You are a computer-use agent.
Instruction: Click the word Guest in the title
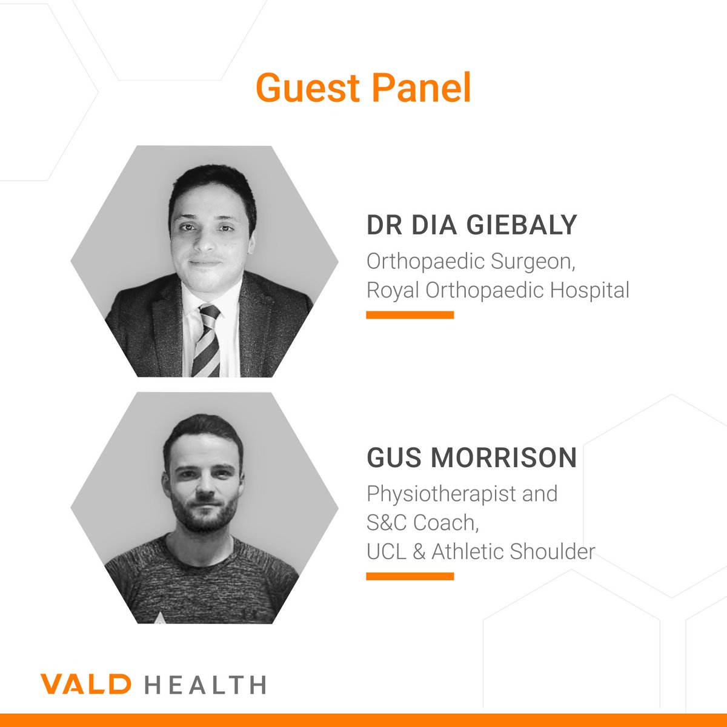(x=307, y=88)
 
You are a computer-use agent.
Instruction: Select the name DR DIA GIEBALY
(x=471, y=225)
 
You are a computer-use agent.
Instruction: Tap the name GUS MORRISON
(x=471, y=458)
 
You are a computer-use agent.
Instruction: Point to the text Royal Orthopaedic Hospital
(x=497, y=290)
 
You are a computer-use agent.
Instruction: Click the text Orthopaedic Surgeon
(x=470, y=261)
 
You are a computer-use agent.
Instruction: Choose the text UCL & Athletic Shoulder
(x=480, y=551)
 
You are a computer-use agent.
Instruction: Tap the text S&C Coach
(x=422, y=522)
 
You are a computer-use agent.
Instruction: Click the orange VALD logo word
(x=85, y=685)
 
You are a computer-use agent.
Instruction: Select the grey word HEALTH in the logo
(x=206, y=685)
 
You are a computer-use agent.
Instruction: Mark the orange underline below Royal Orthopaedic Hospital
(x=410, y=315)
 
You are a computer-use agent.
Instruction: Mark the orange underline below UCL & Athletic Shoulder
(x=410, y=576)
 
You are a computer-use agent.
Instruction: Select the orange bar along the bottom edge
(x=363, y=720)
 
